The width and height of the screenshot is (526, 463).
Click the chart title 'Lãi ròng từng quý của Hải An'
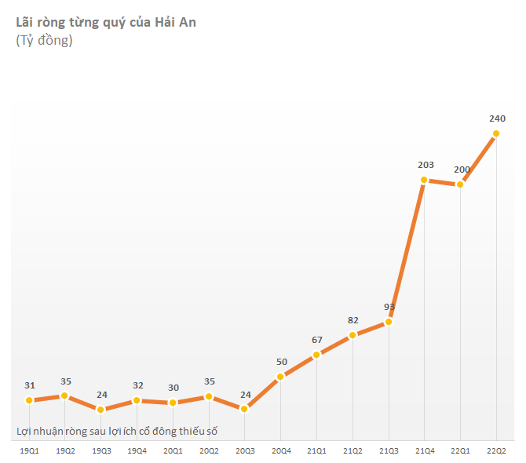(x=106, y=22)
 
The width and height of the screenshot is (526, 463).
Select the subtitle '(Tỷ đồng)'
(x=44, y=41)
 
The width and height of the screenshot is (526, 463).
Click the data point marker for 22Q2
(x=496, y=133)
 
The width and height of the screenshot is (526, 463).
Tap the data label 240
(x=497, y=118)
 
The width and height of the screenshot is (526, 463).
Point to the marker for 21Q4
(x=424, y=180)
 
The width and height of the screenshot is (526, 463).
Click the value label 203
(x=426, y=165)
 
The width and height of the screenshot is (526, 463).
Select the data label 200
(x=462, y=170)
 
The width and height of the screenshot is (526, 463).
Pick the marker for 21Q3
(x=389, y=322)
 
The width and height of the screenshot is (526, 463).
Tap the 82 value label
(x=353, y=320)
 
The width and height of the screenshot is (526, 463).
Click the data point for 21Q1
(x=317, y=355)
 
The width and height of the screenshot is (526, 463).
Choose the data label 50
(x=281, y=362)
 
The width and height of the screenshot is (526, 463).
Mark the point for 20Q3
(x=245, y=409)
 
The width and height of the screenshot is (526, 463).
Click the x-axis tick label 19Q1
(x=30, y=451)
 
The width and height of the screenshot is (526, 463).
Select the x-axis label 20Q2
(x=209, y=451)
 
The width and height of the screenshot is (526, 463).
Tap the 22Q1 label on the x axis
(x=460, y=451)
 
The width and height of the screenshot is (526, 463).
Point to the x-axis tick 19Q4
(x=137, y=451)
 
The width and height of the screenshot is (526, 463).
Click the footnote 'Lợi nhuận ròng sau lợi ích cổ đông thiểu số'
(x=117, y=431)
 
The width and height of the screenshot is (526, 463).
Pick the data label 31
(x=30, y=385)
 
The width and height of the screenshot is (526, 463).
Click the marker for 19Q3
(x=101, y=409)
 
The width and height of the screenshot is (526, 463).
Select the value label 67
(x=317, y=340)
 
